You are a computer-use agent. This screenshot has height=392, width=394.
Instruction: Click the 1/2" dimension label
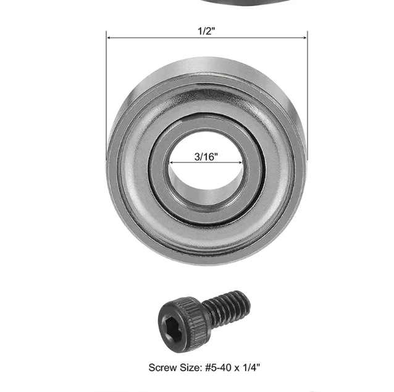click(206, 31)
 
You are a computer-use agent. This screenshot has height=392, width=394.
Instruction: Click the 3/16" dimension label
click(206, 157)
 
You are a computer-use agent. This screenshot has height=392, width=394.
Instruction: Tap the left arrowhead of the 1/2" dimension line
click(109, 38)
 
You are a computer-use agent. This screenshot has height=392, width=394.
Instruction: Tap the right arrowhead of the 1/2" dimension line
click(305, 38)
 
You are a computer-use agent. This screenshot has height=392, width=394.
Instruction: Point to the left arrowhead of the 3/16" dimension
click(172, 163)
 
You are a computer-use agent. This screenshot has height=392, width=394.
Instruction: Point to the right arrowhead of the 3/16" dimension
click(240, 163)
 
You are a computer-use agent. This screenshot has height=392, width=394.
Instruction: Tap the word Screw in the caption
click(163, 368)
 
